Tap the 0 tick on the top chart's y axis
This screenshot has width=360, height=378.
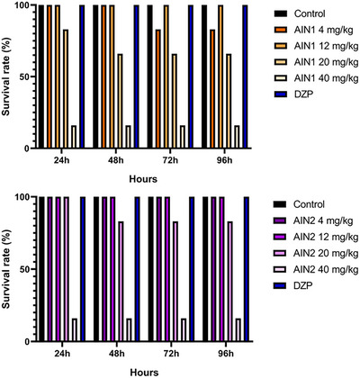pyautogui.click(x=27, y=148)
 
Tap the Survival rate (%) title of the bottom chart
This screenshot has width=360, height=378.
pyautogui.click(x=8, y=268)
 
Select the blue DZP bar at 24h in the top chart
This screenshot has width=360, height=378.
pyautogui.click(x=82, y=76)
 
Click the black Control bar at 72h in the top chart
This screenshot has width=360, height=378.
pyautogui.click(x=149, y=76)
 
